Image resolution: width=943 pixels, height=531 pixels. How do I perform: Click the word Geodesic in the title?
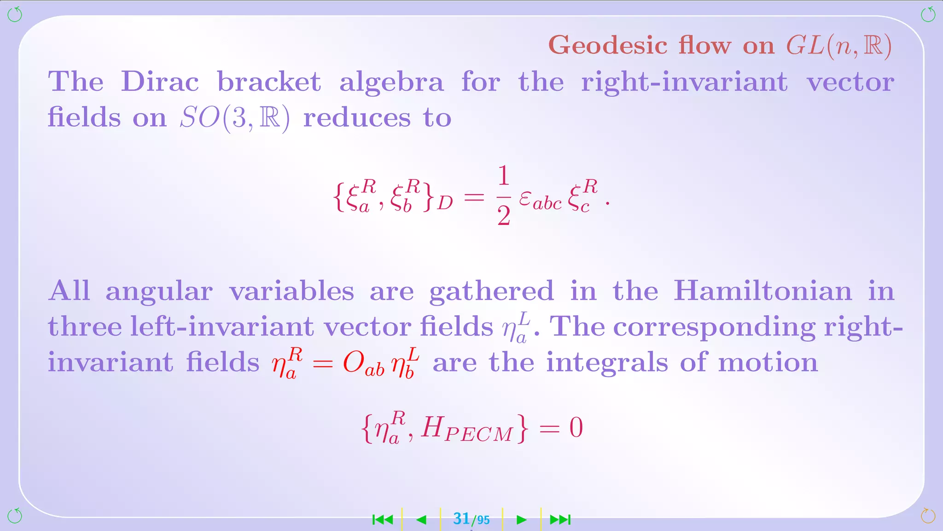pos(608,46)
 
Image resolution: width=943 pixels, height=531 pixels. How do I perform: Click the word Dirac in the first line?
pos(160,82)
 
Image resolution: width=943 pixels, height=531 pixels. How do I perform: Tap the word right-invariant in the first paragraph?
pos(684,82)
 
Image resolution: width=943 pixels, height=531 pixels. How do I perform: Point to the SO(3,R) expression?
pos(235,118)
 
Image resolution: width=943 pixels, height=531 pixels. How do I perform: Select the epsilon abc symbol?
pos(540,200)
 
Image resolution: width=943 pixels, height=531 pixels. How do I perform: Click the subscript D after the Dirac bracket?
pos(445,203)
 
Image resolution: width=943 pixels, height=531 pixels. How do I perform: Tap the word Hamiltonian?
pos(763,291)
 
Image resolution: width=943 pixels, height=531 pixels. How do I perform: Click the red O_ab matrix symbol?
pos(363,364)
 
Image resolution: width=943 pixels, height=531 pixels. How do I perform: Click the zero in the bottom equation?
pos(576,428)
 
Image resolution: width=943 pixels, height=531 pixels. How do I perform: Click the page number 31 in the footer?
pos(461,519)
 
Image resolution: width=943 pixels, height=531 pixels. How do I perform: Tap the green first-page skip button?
pos(383,520)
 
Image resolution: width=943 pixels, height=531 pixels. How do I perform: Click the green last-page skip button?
pos(560,520)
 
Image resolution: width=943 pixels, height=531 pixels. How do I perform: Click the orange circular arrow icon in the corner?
pos(928,516)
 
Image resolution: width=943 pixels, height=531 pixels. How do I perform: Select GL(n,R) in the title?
pos(838,46)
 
